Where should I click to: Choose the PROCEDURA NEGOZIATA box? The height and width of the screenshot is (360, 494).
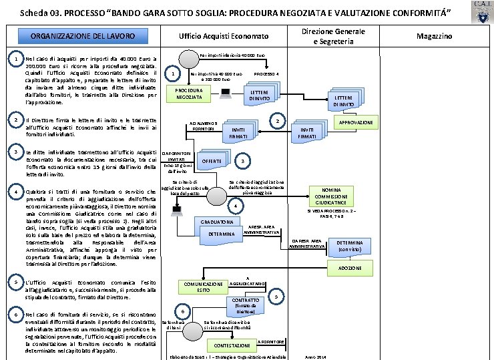pos(190,94)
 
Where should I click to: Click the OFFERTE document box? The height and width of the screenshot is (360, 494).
pos(212,162)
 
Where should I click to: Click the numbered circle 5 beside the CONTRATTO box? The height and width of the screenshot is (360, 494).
pos(277,296)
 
